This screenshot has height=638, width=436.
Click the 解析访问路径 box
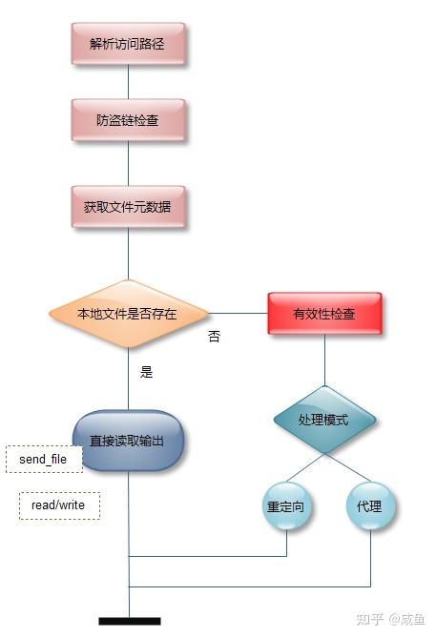coord(128,44)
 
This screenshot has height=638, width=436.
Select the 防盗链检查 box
coord(128,120)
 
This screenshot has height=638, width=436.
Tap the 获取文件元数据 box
coord(128,207)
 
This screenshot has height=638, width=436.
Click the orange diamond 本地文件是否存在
coord(128,314)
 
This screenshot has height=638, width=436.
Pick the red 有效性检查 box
coord(324,314)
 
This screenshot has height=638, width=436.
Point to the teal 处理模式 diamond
coord(324,420)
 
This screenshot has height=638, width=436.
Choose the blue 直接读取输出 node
coord(128,441)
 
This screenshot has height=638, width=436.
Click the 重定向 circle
coord(286,506)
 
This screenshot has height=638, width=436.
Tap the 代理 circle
coord(370,506)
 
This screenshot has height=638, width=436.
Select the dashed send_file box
coord(44,459)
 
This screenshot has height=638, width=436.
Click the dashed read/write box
coord(59,505)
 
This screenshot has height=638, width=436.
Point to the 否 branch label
coord(214,337)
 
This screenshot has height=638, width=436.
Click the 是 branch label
coord(146,372)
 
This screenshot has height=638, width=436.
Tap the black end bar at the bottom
coord(130,621)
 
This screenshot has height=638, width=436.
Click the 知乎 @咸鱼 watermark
coord(390,619)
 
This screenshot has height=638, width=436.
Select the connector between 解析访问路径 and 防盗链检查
coord(129,82)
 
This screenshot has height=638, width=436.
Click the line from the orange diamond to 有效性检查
coord(239,314)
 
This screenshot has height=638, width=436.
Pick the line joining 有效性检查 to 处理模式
coord(325,360)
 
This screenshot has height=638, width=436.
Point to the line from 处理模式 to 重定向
coord(305,468)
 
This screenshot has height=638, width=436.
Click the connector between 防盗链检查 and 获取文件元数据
coord(129,164)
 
